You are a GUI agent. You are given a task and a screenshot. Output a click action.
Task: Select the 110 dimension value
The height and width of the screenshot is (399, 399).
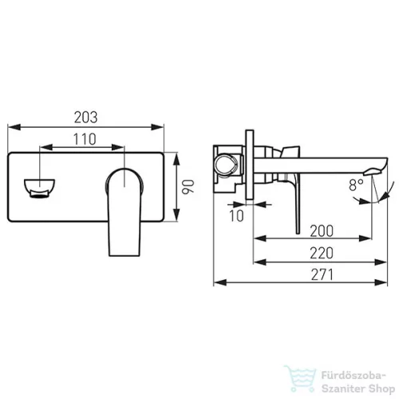click(83, 138)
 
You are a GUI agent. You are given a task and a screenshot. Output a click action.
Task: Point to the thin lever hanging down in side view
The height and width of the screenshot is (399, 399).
click(298, 207)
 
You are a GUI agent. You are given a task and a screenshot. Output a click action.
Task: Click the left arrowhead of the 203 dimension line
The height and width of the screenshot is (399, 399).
click(10, 127)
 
